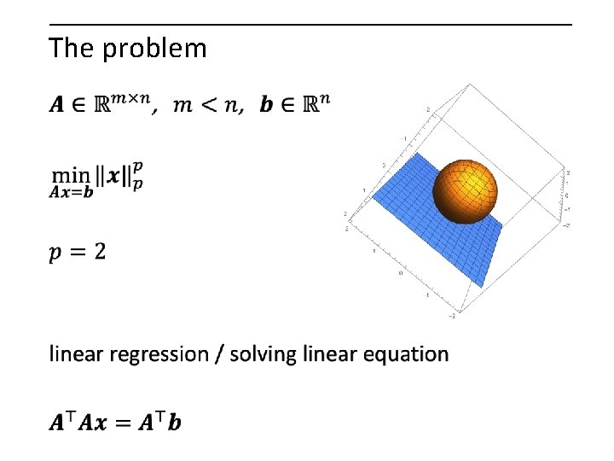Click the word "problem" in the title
tap(154, 49)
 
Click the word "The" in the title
tap(72, 48)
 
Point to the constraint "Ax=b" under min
tap(71, 192)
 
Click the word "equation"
tap(406, 354)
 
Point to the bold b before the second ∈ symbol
tap(266, 105)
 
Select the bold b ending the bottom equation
tap(175, 422)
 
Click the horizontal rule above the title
tap(310, 25)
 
